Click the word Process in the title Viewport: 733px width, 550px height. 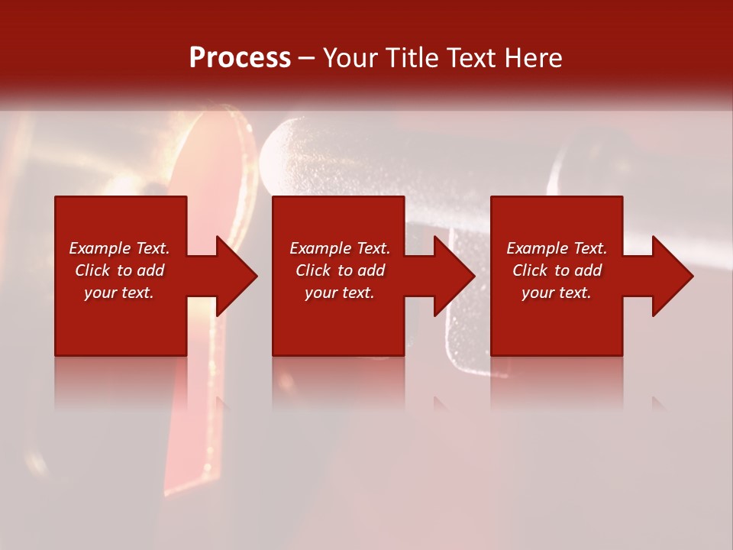[x=240, y=58]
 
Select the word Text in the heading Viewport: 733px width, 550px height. [x=473, y=58]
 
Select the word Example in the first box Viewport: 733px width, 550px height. [x=100, y=248]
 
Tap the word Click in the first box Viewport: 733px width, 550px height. [x=92, y=270]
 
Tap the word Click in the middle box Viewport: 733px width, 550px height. [x=313, y=270]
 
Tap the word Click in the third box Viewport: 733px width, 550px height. [x=530, y=270]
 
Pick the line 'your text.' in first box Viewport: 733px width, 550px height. [x=119, y=293]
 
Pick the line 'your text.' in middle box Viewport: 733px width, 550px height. [x=340, y=293]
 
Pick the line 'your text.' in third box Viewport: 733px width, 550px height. [x=557, y=293]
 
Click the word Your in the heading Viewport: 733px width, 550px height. [x=350, y=58]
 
